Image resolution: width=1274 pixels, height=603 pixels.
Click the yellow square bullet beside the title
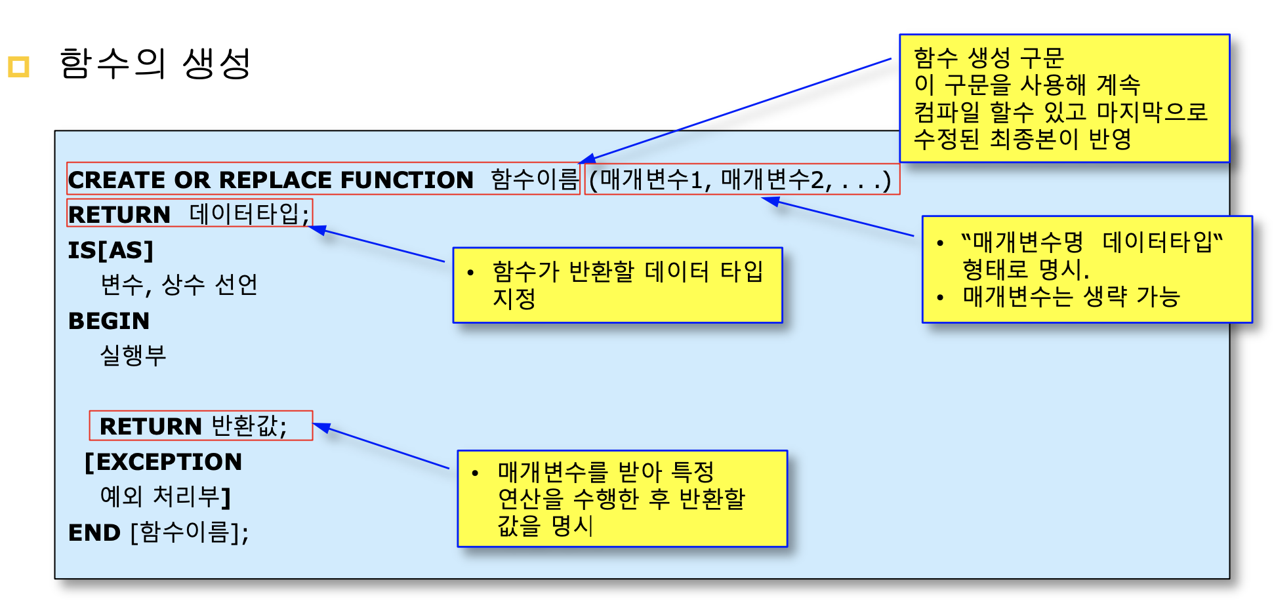pyautogui.click(x=18, y=67)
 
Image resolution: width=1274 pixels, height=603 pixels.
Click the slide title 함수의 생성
pyautogui.click(x=155, y=64)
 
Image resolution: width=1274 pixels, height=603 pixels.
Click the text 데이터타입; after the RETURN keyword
pyautogui.click(x=249, y=214)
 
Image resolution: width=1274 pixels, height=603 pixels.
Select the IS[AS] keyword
pyautogui.click(x=111, y=250)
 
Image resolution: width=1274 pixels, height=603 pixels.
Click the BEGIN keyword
pyautogui.click(x=109, y=321)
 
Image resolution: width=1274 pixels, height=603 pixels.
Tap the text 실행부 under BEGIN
pyautogui.click(x=133, y=355)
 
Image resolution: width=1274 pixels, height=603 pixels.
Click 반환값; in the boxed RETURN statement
pyautogui.click(x=249, y=426)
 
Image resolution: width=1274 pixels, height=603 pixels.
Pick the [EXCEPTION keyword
pyautogui.click(x=163, y=462)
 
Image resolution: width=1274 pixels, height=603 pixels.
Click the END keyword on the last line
pyautogui.click(x=94, y=533)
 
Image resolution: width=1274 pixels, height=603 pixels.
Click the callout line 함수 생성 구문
pyautogui.click(x=989, y=58)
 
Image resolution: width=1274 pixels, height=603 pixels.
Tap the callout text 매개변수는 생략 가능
pyautogui.click(x=1071, y=297)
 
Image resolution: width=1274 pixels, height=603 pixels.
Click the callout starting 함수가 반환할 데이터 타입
pyautogui.click(x=627, y=271)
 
